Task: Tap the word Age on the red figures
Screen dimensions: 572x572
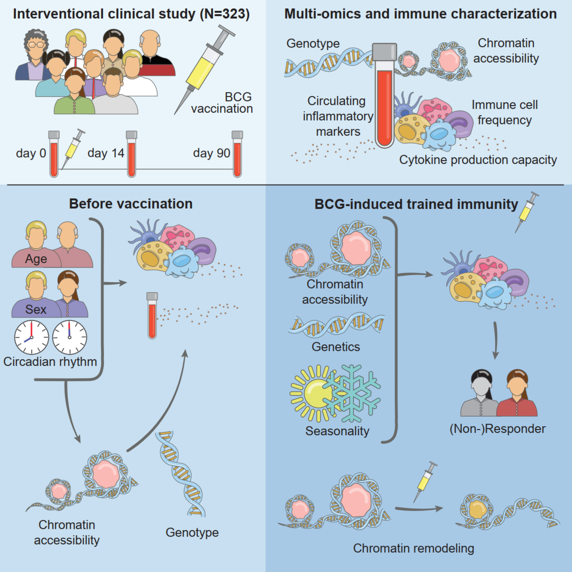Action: (36, 259)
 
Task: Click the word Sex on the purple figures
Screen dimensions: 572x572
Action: (36, 309)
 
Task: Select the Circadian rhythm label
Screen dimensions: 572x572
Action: (50, 362)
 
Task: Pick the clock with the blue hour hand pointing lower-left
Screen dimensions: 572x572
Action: (32, 337)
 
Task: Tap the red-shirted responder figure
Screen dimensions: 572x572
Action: (517, 394)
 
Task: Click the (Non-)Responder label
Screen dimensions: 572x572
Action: (497, 429)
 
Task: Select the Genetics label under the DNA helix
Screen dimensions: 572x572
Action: (336, 347)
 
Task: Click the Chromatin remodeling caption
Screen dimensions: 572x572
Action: (414, 548)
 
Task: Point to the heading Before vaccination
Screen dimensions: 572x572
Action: (131, 204)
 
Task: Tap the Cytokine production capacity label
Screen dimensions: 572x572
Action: (478, 160)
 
